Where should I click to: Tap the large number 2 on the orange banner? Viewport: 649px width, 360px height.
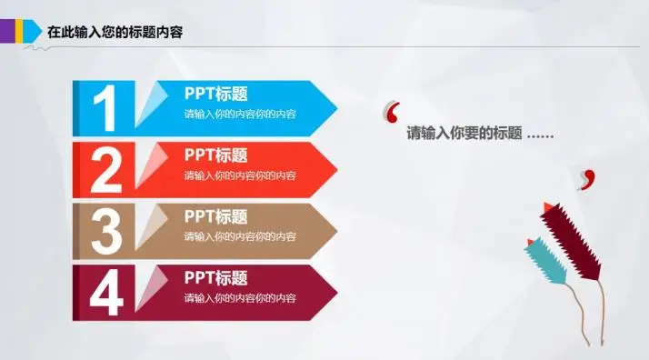click(x=105, y=170)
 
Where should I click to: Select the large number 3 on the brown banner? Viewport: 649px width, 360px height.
click(x=105, y=231)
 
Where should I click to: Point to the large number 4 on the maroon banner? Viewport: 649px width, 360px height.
click(x=105, y=292)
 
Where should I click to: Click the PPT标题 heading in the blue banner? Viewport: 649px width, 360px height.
click(x=216, y=94)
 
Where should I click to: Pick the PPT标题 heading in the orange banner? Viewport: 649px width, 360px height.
click(x=216, y=155)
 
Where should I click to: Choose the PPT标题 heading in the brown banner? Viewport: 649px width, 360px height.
click(x=216, y=216)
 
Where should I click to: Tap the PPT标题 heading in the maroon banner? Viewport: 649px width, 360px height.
click(x=216, y=277)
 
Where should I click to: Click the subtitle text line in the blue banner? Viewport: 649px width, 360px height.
click(x=240, y=115)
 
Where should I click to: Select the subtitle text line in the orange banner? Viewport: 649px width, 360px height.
click(x=240, y=175)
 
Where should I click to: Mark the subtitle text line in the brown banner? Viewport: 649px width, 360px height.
click(x=240, y=236)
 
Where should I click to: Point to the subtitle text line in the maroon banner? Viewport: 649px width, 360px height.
click(x=240, y=298)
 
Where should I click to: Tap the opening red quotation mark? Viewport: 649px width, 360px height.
click(x=393, y=112)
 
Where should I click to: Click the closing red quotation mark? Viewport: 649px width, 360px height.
click(x=587, y=177)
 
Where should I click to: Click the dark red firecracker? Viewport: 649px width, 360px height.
click(x=573, y=238)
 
